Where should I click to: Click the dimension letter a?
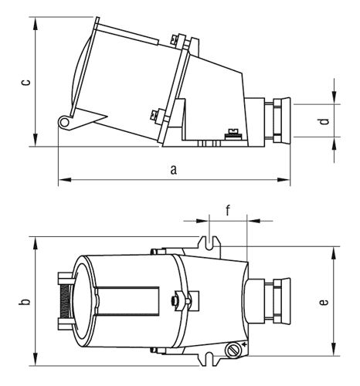click(x=174, y=170)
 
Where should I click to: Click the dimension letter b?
click(x=25, y=301)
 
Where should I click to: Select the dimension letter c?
click(x=25, y=82)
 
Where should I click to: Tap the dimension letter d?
click(x=325, y=121)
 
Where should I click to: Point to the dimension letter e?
click(x=324, y=301)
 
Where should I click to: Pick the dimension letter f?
click(x=228, y=210)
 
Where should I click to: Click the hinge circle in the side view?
click(x=64, y=123)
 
